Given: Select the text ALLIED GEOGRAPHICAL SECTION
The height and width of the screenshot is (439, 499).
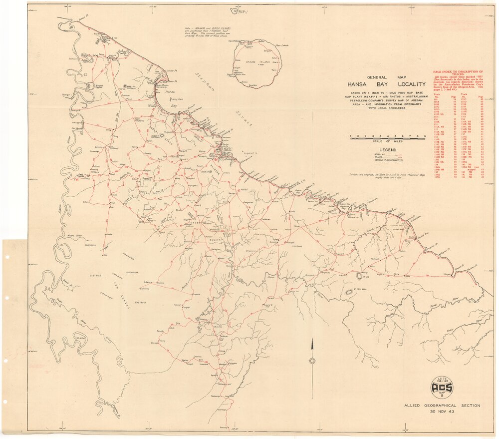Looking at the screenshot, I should (442, 406).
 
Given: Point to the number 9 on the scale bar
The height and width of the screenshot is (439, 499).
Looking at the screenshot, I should (425, 136).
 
